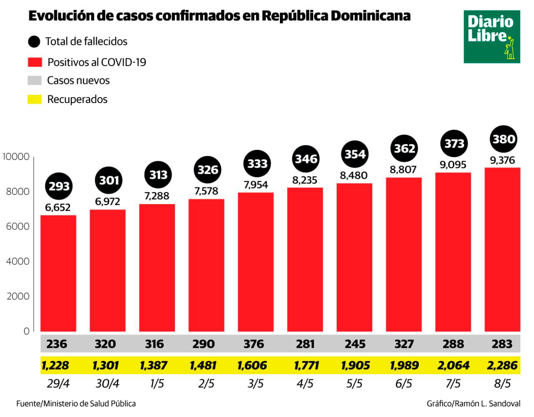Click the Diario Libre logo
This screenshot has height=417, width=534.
tap(491, 37)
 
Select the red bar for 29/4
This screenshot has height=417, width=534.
tap(58, 273)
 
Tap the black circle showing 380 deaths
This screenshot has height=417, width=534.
tap(503, 139)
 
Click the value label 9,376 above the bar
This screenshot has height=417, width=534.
tap(502, 160)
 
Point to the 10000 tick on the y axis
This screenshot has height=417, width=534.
tap(16, 157)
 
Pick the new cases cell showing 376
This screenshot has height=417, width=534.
tap(254, 344)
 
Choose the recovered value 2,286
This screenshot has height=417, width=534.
tap(502, 365)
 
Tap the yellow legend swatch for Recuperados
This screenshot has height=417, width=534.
tap(35, 100)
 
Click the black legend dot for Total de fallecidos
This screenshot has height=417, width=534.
tap(34, 42)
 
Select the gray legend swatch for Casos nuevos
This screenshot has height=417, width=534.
tap(35, 80)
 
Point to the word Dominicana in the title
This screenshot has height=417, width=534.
tap(370, 16)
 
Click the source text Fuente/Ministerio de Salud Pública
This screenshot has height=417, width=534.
tap(76, 403)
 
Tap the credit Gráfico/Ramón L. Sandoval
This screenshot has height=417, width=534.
tap(473, 403)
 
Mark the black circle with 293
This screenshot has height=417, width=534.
tap(59, 186)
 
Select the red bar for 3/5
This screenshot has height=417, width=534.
tap(255, 262)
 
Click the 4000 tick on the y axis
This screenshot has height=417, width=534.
tap(18, 261)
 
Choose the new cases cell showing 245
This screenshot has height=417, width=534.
tap(355, 344)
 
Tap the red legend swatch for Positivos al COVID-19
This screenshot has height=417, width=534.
tap(35, 62)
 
